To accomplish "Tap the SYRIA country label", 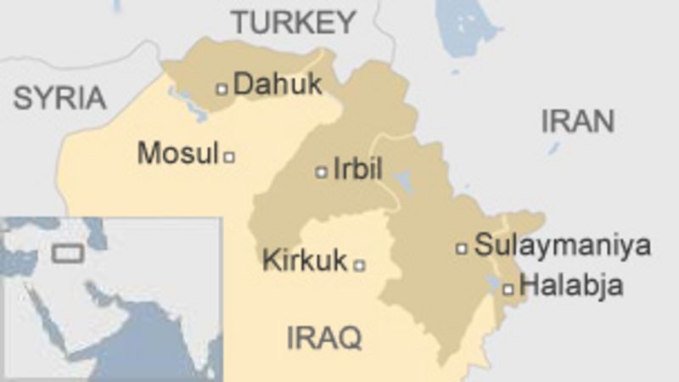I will point(59,98).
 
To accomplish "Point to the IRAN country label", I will point(577,121).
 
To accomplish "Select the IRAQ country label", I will point(324,337).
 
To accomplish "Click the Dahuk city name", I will point(278,84).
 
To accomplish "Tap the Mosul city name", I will point(177,154).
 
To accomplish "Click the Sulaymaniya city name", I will point(562,246).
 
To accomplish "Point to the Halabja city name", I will point(570,286).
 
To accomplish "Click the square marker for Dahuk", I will point(222,87).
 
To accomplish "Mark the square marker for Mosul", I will point(228,156).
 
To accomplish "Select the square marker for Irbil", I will point(321,171).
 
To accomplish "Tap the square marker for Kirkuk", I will point(359,265).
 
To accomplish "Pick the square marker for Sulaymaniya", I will point(462,249).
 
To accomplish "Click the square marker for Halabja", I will point(508,289).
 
